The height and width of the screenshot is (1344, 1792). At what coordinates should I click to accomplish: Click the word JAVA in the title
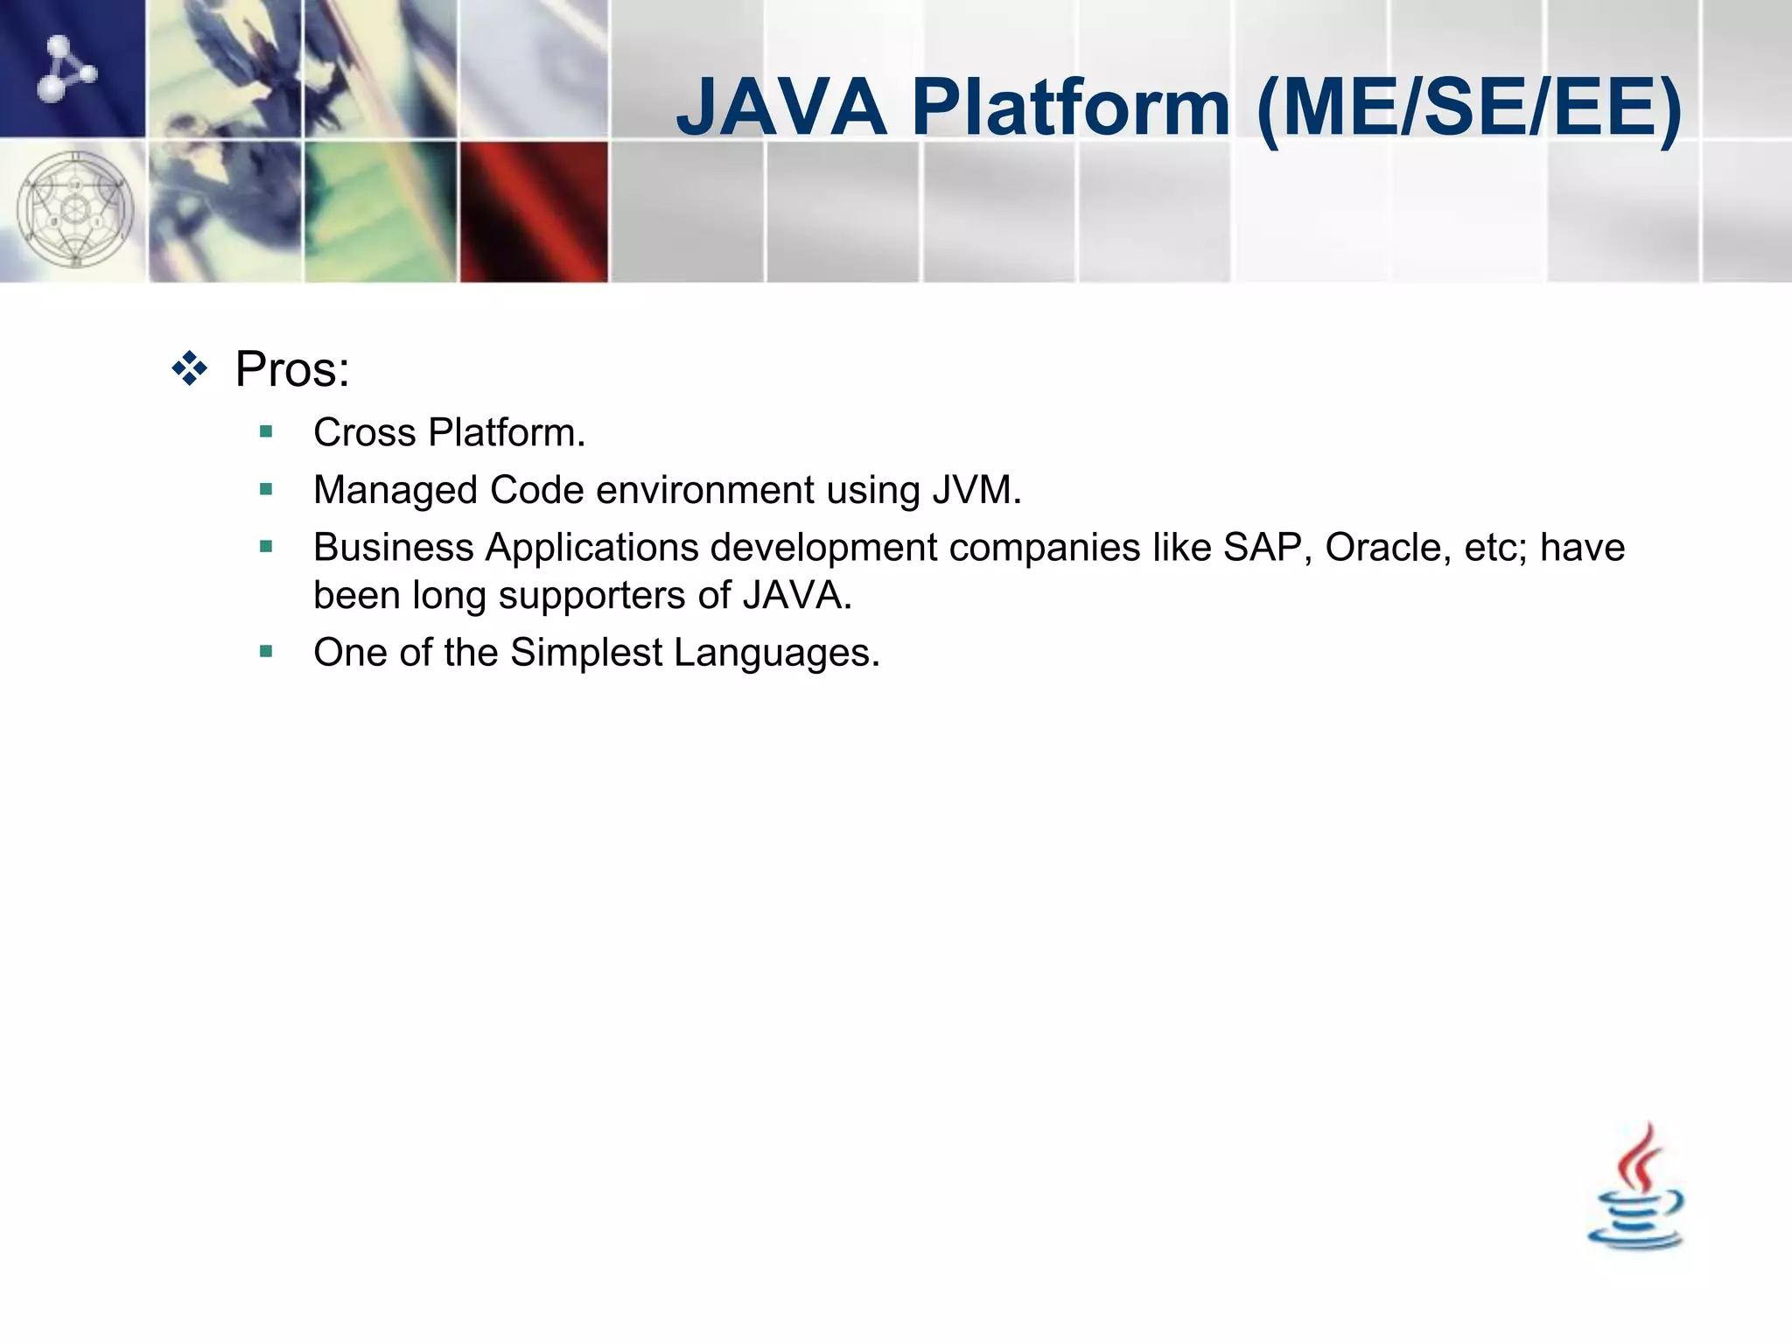(x=781, y=108)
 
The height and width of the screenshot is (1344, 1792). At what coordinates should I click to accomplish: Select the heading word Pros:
(x=292, y=369)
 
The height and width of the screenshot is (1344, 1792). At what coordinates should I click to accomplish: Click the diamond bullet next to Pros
(x=190, y=369)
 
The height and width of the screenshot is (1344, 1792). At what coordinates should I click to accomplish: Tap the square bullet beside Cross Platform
(x=266, y=431)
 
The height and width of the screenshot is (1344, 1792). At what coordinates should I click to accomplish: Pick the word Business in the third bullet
(x=393, y=548)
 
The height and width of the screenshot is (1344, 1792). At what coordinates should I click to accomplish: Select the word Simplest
(x=585, y=654)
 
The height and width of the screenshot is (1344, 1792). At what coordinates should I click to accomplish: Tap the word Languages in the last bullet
(x=776, y=654)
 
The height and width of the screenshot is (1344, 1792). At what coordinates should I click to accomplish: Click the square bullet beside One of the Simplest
(x=266, y=651)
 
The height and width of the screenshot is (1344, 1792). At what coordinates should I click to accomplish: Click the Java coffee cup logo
(x=1635, y=1190)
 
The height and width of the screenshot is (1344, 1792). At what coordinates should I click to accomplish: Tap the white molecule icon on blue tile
(x=66, y=68)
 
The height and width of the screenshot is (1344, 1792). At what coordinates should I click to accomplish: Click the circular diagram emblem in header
(x=75, y=210)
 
